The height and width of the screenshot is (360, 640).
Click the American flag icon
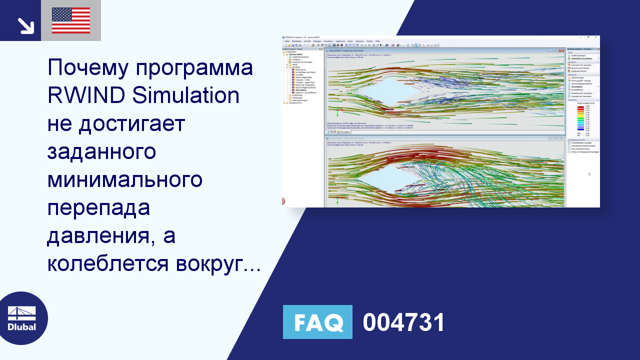pyautogui.click(x=71, y=20)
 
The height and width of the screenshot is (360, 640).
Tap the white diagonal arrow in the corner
pyautogui.click(x=25, y=25)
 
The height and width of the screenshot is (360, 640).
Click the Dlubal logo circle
pyautogui.click(x=22, y=318)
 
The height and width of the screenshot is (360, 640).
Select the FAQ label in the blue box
pyautogui.click(x=317, y=322)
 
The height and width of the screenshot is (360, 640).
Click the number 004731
pyautogui.click(x=403, y=322)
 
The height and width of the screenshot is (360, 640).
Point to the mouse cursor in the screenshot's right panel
pyautogui.click(x=589, y=174)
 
